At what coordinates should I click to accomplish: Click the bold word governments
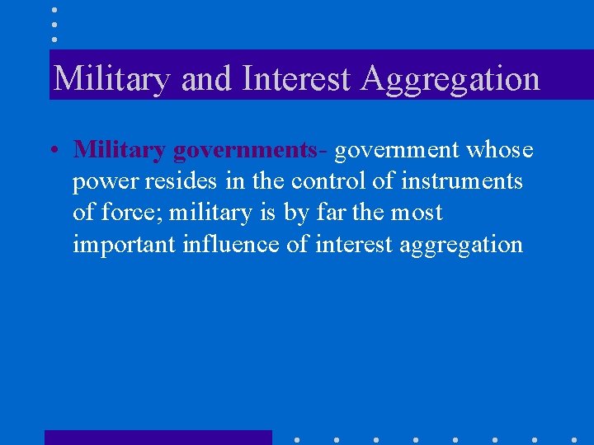pyautogui.click(x=245, y=151)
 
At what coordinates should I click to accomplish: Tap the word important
pyautogui.click(x=127, y=245)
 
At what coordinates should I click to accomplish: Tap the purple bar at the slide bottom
pyautogui.click(x=158, y=437)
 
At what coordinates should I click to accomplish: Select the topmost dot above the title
pyautogui.click(x=54, y=11)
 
